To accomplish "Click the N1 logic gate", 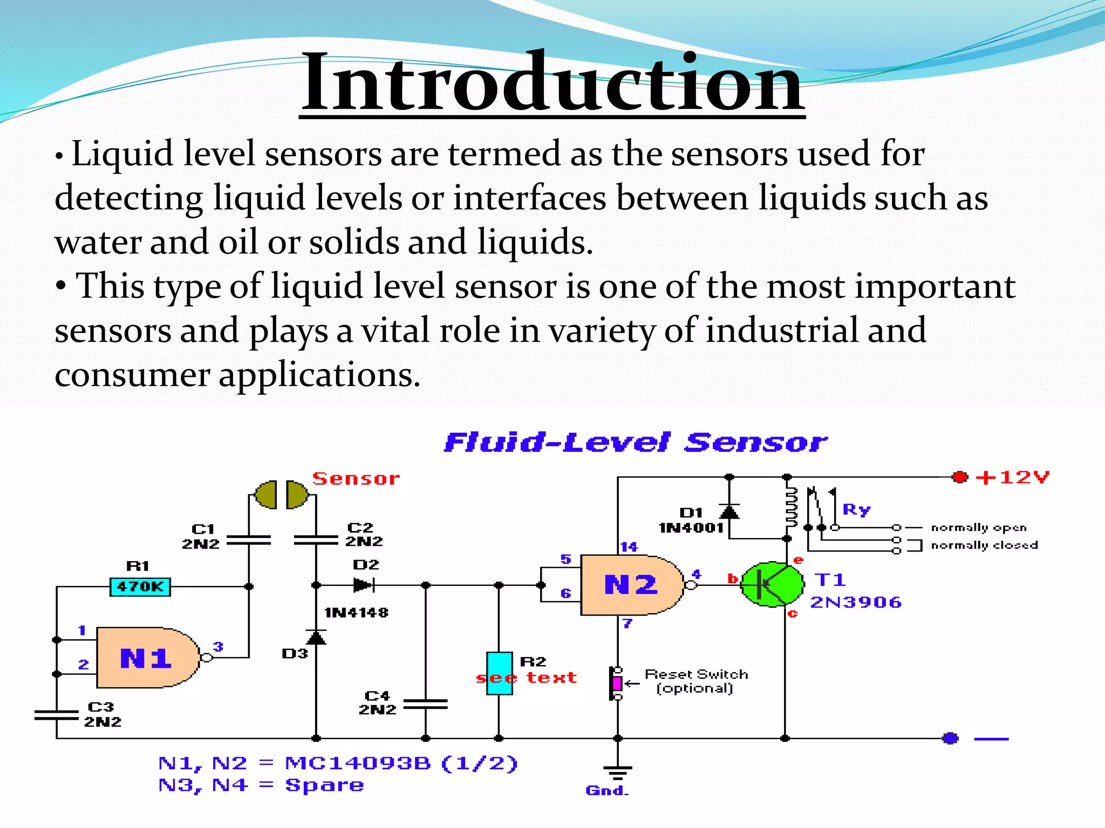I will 146,658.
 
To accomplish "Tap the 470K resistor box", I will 140,586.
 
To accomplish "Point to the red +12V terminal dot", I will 960,477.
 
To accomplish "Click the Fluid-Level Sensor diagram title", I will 635,443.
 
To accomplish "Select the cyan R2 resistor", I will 499,673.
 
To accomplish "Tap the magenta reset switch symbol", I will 617,684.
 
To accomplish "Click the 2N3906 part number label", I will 856,602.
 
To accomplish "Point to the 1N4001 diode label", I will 691,528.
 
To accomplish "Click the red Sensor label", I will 356,479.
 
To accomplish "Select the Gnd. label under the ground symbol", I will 607,790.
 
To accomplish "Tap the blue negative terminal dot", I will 951,738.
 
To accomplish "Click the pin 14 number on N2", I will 629,547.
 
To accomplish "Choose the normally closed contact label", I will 984,545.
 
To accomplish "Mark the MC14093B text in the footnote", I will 357,763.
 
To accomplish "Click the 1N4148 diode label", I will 356,612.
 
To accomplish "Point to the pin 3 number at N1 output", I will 218,646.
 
